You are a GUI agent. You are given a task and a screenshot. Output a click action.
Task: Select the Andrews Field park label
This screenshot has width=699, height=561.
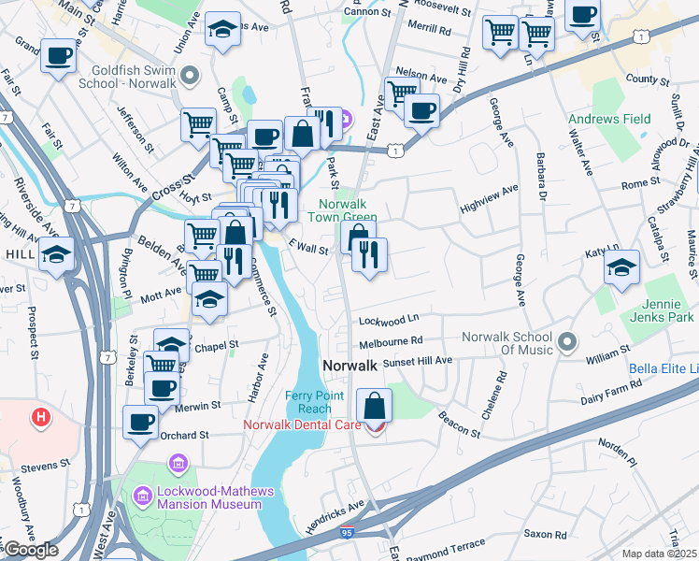tap(610, 120)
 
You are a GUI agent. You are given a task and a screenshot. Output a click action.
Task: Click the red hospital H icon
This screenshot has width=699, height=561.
tap(39, 416)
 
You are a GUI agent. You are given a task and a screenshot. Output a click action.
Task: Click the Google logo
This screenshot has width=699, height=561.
tap(30, 550)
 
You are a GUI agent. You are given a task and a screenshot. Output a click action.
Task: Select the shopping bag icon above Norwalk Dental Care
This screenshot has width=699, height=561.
tap(374, 407)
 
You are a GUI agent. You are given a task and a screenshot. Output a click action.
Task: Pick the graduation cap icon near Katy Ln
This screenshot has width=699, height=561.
tap(621, 268)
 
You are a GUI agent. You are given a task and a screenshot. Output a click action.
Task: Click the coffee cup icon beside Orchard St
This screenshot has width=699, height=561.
tap(142, 424)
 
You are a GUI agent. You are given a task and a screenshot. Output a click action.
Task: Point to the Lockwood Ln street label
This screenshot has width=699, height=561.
tap(387, 321)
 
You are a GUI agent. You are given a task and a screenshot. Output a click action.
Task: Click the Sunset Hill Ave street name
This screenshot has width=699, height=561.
tap(418, 360)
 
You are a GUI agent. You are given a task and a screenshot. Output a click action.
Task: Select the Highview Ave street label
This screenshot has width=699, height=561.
tap(489, 192)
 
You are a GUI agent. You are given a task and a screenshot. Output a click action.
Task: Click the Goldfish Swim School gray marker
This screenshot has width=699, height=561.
tap(191, 75)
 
